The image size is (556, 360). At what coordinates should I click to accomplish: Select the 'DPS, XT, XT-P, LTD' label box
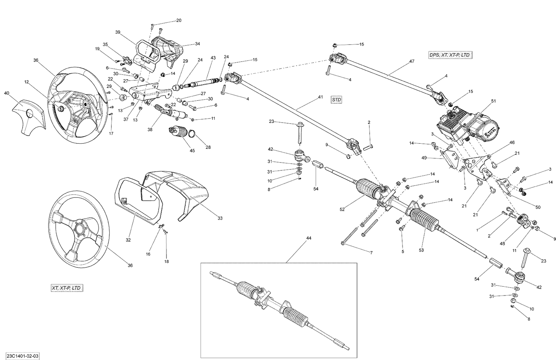click(450, 55)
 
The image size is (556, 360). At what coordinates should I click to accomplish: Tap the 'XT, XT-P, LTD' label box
click(67, 288)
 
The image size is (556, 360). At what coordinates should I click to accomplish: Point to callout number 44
click(309, 238)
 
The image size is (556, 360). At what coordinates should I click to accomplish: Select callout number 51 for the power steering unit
click(493, 101)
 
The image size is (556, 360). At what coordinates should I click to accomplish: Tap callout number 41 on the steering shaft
click(320, 97)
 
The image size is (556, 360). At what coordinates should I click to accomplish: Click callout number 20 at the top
click(179, 20)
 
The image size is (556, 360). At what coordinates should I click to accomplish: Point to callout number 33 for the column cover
click(220, 218)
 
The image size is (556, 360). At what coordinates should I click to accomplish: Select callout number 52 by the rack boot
click(342, 209)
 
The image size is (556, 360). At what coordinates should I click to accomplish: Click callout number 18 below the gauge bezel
click(166, 261)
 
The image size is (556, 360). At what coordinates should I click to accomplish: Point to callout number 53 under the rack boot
click(421, 250)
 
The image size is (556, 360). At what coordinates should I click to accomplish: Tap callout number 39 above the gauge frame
click(118, 32)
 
